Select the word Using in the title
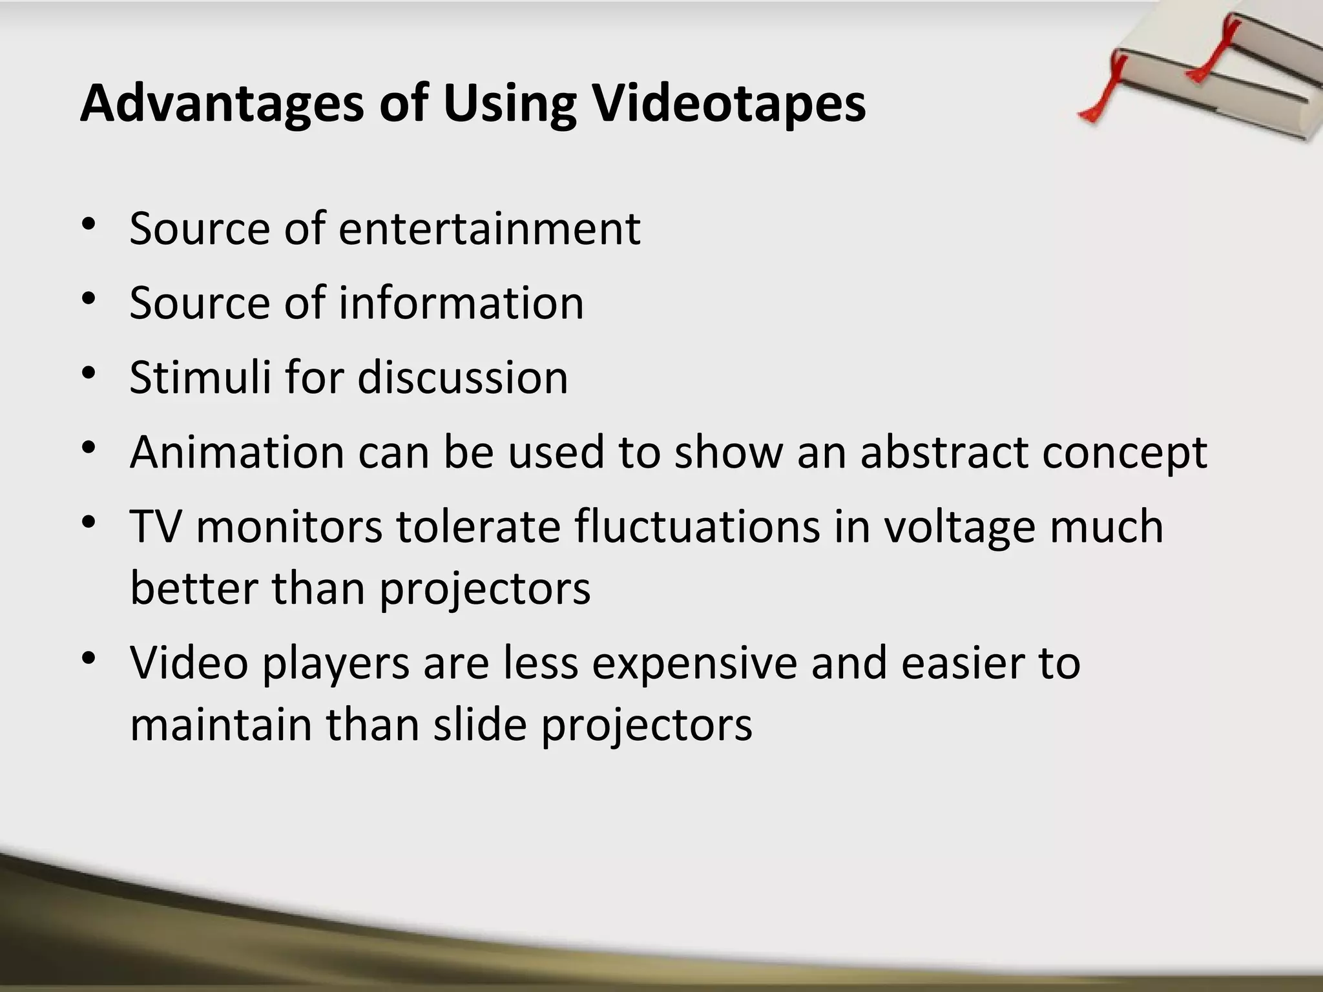pos(509,104)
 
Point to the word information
pos(461,303)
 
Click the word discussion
pos(463,377)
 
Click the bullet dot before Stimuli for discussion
pos(89,373)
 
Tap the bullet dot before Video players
pos(89,659)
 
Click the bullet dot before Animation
pos(89,448)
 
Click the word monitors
pos(289,526)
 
